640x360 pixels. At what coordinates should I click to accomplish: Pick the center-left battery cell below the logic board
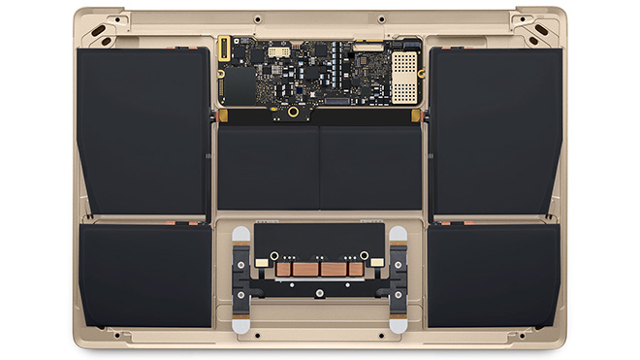[x=267, y=167]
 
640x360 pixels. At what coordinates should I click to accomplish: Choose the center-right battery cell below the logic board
[x=370, y=167]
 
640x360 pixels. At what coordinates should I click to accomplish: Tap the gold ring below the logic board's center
[x=292, y=112]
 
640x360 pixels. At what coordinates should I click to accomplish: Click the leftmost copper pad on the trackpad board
[x=284, y=269]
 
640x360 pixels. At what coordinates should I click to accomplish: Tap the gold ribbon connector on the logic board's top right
[x=368, y=45]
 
